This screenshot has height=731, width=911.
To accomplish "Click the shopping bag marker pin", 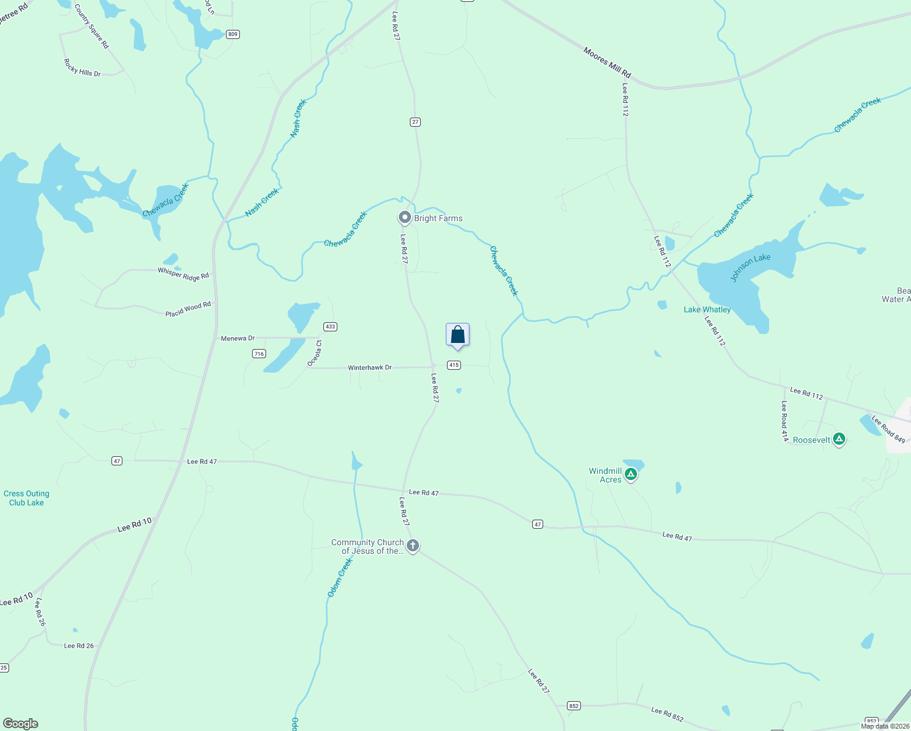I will coord(458,335).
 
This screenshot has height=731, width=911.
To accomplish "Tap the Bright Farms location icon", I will coord(404,217).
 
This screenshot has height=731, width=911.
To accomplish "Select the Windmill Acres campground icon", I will coord(631,474).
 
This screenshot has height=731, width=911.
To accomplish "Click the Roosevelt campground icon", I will coord(839,439).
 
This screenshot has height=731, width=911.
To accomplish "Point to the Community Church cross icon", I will coord(413,545).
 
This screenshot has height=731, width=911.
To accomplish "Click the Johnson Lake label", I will coord(750,267).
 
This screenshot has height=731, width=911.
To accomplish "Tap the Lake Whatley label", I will coord(707,309).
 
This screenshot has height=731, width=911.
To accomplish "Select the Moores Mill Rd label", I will coord(607,63).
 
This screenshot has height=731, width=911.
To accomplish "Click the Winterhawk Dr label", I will coord(370,368).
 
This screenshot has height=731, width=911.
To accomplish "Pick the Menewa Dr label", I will coord(237,338).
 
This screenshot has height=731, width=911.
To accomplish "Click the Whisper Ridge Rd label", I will coord(183,274).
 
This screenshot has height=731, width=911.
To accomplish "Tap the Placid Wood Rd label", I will coord(188,309).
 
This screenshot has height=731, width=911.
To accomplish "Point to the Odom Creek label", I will coord(340,577).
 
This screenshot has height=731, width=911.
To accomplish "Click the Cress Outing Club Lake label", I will coord(26,498).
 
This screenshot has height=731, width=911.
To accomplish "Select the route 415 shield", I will coord(454,365).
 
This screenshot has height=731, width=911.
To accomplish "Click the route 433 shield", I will coord(330,327).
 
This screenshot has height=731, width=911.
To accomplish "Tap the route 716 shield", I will coord(259,353).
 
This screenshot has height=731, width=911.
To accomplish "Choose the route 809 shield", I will coord(233,34).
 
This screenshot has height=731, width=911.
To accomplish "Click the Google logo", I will coord(21,724).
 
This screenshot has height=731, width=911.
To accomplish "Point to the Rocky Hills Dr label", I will coord(82,68).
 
